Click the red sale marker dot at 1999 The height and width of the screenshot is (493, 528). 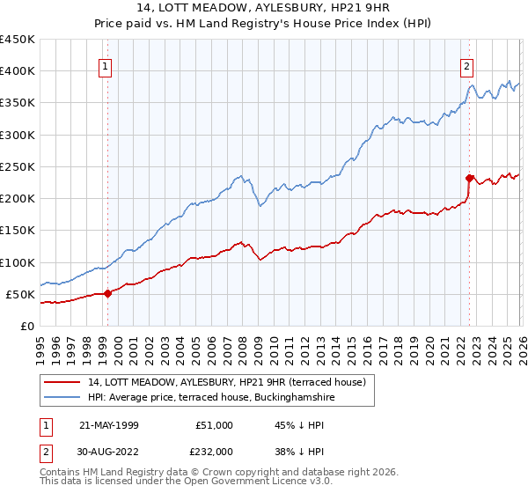coord(107,293)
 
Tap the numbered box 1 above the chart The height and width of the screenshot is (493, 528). coord(105,65)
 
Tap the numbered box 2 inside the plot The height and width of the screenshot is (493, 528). coord(466,65)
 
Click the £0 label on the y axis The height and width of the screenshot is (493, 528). coord(26,326)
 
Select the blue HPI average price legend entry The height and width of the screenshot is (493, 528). coord(210,398)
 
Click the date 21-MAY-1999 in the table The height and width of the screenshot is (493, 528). coord(108,425)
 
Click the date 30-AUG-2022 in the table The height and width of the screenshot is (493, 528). coord(108,451)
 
